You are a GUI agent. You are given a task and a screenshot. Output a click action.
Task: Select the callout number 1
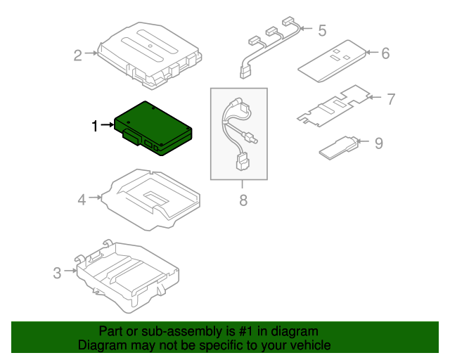tap(95, 126)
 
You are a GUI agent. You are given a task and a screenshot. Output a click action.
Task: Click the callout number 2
tap(79, 54)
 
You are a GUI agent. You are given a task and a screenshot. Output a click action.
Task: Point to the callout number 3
tap(57, 272)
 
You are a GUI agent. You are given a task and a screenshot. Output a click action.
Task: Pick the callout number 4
tap(82, 200)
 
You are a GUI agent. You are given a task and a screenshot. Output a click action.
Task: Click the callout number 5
tap(322, 30)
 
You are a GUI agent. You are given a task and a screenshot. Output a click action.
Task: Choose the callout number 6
tap(385, 53)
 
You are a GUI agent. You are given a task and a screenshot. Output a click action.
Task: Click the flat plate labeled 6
tap(332, 60)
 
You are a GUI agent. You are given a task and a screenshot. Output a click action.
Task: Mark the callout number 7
tap(391, 98)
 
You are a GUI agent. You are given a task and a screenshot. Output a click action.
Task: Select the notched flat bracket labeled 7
tap(333, 105)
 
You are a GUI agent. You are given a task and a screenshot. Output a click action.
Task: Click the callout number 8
tap(243, 200)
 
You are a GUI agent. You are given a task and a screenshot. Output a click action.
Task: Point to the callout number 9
tap(378, 143)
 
